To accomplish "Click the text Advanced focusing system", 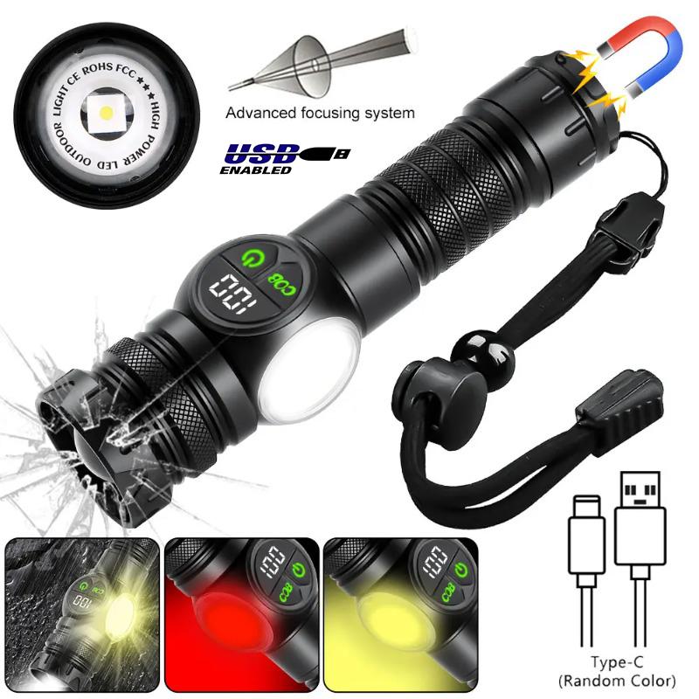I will click(321, 112).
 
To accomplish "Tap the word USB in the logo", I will click(260, 155).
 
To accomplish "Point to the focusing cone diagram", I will click(310, 61).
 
